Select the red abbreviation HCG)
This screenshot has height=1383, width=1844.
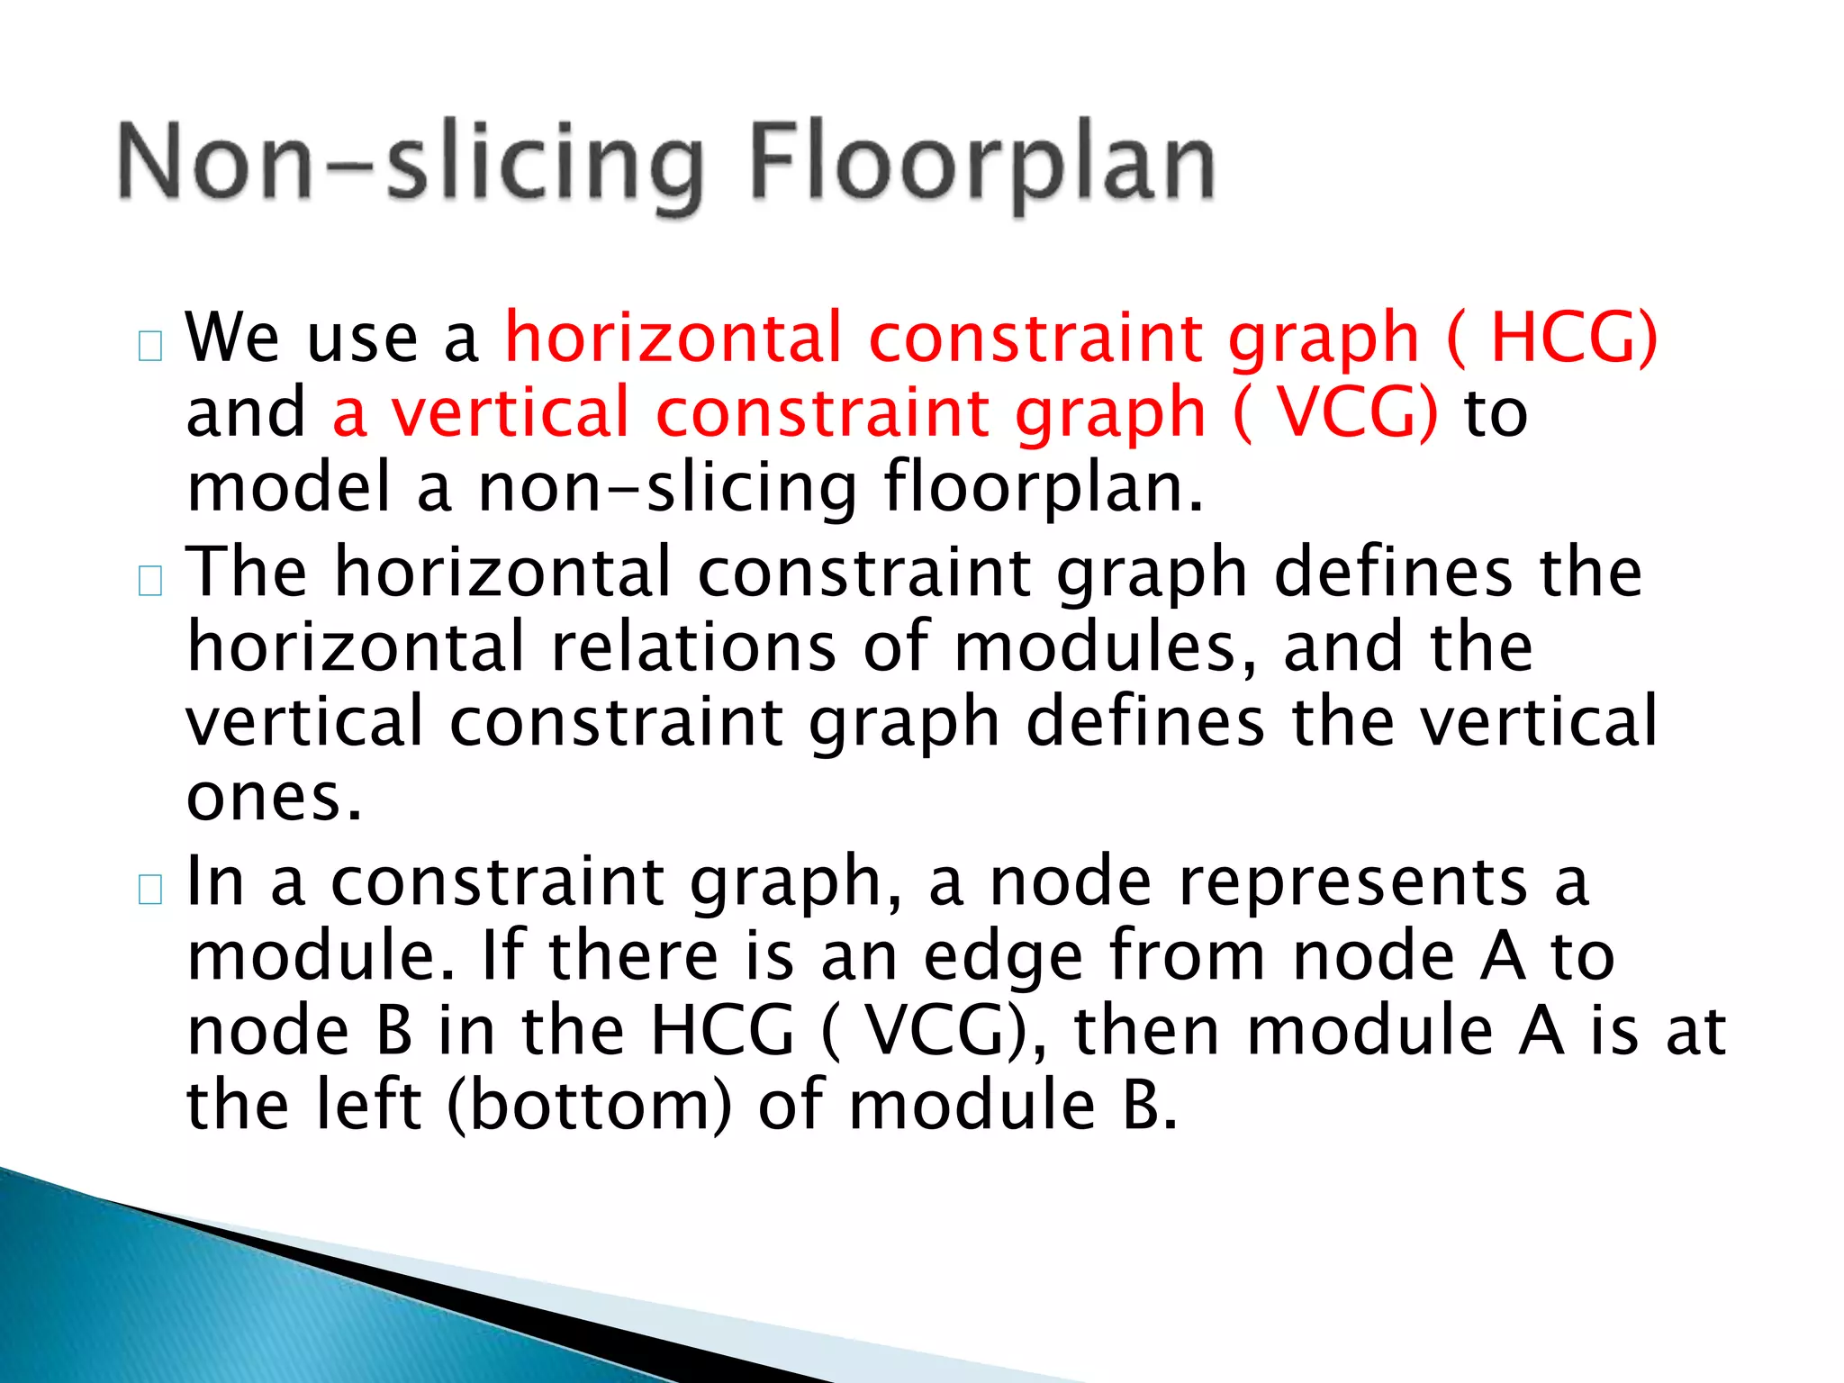pyautogui.click(x=1574, y=338)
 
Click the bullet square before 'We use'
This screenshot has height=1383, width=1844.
pyautogui.click(x=150, y=347)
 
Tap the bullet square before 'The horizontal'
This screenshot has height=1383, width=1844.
pyautogui.click(x=150, y=582)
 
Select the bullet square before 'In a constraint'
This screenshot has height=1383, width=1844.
pyautogui.click(x=150, y=890)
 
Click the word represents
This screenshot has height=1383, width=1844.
pyautogui.click(x=1353, y=882)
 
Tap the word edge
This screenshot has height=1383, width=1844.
pyautogui.click(x=1003, y=958)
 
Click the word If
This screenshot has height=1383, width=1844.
pyautogui.click(x=502, y=956)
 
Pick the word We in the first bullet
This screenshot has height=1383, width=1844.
pyautogui.click(x=232, y=338)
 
